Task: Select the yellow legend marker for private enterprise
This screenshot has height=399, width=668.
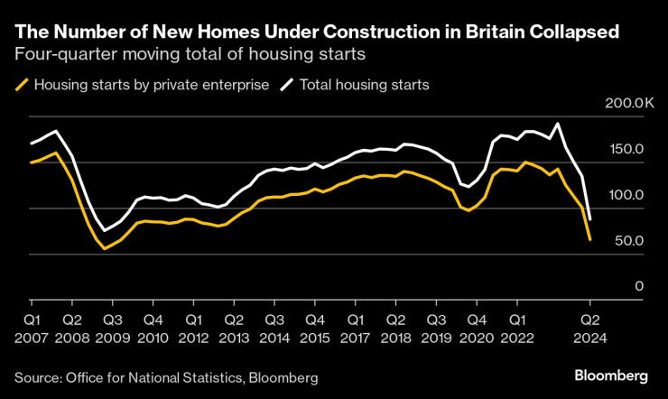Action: click(x=22, y=85)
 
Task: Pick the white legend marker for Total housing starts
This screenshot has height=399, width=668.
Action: click(x=288, y=85)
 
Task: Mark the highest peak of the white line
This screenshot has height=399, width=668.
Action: click(x=558, y=124)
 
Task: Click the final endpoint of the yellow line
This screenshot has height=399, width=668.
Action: click(x=590, y=239)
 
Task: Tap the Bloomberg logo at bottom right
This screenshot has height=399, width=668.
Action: click(x=611, y=375)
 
